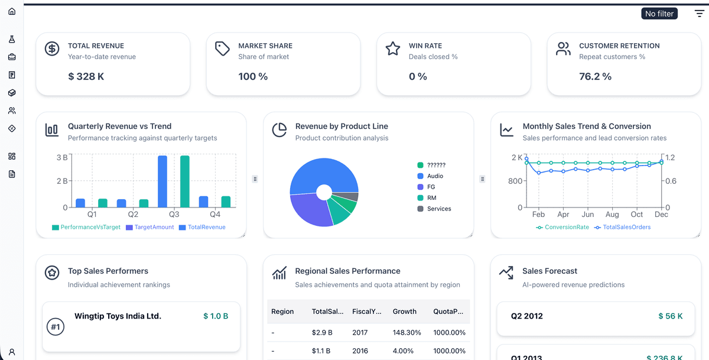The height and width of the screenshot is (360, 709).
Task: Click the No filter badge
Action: [x=659, y=14]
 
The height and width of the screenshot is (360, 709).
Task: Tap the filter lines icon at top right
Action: [x=699, y=14]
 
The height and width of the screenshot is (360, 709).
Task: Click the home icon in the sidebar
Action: [x=12, y=11]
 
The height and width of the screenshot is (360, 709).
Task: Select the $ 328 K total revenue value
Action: [x=86, y=76]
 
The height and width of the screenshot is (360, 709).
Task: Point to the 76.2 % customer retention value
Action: [x=595, y=76]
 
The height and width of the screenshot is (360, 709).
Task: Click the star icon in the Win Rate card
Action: [x=393, y=48]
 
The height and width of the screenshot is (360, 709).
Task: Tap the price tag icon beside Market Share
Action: [x=222, y=48]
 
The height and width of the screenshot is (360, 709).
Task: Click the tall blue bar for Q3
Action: [x=162, y=181]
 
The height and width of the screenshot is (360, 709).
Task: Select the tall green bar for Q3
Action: [x=184, y=181]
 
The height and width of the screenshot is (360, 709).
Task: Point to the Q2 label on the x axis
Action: [x=133, y=215]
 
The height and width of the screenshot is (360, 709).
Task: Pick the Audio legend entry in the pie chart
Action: [x=434, y=176]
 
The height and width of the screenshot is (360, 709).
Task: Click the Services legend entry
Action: [x=438, y=209]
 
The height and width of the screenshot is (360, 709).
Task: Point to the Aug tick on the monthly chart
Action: [x=612, y=215]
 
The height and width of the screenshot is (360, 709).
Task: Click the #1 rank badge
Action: [x=55, y=327]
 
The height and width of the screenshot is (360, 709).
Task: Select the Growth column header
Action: [x=404, y=312]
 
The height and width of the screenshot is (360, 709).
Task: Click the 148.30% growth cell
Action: [x=406, y=333]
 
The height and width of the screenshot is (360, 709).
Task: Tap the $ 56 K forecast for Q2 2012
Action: [x=670, y=316]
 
